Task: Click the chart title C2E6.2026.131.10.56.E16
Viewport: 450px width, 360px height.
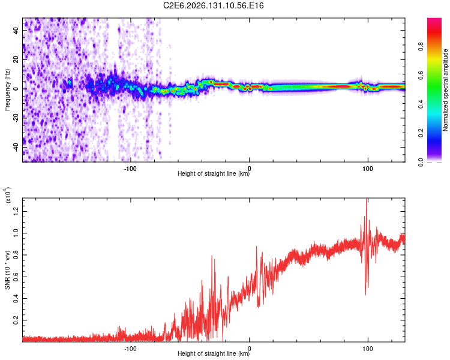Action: coord(213,5)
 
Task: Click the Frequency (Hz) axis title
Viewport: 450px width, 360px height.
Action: coord(7,90)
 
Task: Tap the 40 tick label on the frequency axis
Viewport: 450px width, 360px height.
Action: coord(16,30)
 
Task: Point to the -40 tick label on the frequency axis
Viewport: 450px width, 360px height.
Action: coord(16,148)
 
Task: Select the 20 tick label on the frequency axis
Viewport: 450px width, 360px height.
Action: coord(16,59)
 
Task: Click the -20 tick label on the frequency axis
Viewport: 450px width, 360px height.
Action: coord(16,118)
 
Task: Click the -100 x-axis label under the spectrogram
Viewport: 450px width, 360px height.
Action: coord(130,169)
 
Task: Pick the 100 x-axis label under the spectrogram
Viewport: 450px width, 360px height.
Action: coord(368,169)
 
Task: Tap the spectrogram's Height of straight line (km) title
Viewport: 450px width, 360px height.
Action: coord(214,173)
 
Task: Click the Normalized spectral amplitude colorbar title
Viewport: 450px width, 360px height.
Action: coord(445,90)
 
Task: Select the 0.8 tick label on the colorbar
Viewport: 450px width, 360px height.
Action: coord(421,47)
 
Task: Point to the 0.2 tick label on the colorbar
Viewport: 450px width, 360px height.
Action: coord(421,133)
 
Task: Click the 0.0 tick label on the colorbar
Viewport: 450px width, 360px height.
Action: coord(421,162)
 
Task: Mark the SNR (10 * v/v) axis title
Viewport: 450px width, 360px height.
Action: coord(7,270)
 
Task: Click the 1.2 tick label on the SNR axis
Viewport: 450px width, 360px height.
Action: coord(16,212)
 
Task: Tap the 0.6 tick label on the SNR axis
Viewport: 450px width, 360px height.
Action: coord(16,277)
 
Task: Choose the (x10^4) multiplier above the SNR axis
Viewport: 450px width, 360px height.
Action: coord(8,195)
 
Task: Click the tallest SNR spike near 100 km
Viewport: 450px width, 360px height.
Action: coord(366,199)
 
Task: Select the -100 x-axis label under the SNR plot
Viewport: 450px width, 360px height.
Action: coord(130,349)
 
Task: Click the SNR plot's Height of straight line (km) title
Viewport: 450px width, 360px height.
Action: coord(214,353)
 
